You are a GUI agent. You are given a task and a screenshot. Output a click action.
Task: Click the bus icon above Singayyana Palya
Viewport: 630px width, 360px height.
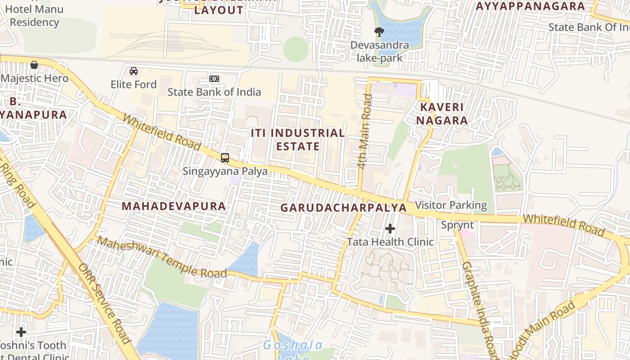[225, 158]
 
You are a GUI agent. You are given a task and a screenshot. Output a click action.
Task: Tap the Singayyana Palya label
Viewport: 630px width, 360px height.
[225, 171]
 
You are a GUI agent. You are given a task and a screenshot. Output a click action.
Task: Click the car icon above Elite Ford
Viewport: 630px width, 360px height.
[134, 71]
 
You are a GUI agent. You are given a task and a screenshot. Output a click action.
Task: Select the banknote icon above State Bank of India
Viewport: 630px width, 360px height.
[214, 79]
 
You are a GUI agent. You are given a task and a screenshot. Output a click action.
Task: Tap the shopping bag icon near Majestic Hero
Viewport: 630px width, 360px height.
[34, 65]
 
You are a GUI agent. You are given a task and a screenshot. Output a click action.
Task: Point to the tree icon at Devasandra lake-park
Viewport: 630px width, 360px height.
[379, 31]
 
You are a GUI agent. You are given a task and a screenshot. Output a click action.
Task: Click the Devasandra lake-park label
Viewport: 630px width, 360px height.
[379, 51]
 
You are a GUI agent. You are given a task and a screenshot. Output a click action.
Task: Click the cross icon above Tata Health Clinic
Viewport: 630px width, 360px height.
[390, 229]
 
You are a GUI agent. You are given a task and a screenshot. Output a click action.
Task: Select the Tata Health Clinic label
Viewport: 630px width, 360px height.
[390, 242]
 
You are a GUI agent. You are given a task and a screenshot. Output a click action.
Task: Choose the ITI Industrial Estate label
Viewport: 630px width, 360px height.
[298, 139]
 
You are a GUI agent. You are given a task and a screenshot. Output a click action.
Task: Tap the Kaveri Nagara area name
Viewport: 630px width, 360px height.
[441, 114]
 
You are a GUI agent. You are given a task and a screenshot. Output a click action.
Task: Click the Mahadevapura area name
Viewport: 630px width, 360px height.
[174, 206]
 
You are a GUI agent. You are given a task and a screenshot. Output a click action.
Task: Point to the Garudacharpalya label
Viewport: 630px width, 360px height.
[344, 208]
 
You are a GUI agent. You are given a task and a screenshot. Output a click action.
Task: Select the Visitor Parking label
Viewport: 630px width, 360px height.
[451, 206]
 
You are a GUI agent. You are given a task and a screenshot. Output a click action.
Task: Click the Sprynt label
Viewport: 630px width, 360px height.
[457, 225]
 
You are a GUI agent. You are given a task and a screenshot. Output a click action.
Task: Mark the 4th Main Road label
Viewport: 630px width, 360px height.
[365, 131]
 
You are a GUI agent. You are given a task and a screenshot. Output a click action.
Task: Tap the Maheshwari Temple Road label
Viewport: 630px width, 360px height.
[162, 257]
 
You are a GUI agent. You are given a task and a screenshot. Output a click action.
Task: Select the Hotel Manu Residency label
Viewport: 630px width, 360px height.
[34, 16]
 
